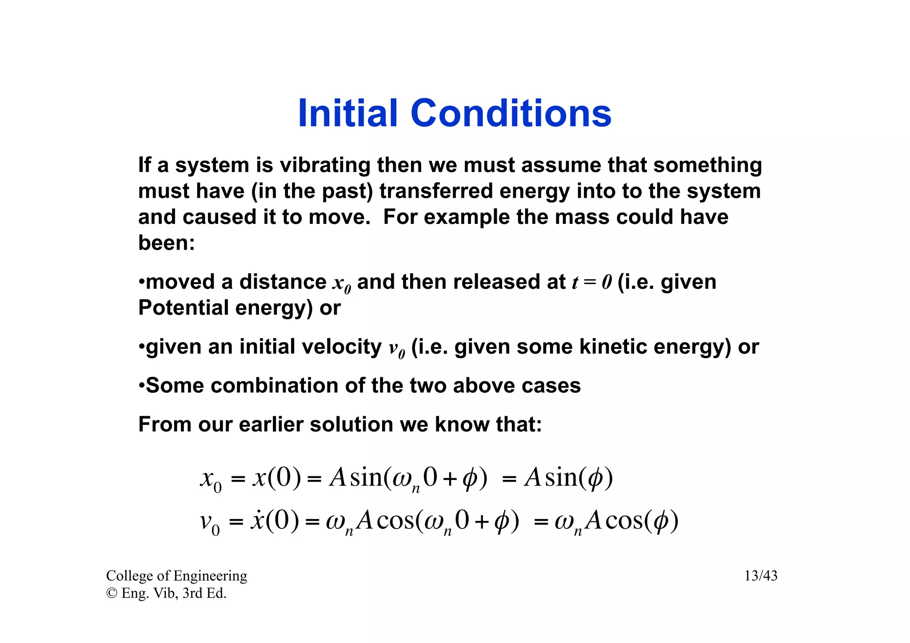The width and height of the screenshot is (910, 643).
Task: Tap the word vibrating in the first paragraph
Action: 325,165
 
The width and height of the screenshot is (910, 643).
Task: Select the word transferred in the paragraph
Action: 436,191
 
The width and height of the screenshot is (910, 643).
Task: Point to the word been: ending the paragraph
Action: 166,243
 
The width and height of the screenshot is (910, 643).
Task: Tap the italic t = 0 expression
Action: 591,282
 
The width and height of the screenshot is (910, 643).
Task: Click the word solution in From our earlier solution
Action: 351,424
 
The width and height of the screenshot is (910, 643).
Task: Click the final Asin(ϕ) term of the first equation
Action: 568,478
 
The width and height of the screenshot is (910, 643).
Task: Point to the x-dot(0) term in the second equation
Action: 275,520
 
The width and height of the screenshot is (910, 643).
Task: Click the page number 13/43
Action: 761,576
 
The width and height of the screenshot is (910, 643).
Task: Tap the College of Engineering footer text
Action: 176,576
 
